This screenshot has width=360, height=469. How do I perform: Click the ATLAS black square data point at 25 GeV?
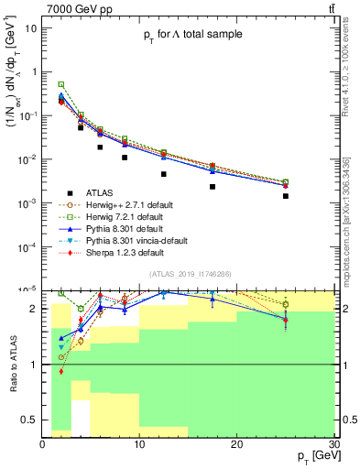click(x=286, y=196)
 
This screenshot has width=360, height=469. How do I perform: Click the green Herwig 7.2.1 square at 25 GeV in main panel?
click(x=286, y=182)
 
